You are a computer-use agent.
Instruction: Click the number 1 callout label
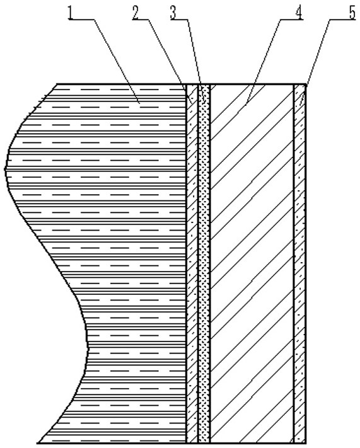coord(71,13)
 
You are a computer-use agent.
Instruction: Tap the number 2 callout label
coord(136,13)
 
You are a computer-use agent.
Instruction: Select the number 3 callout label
coord(173,13)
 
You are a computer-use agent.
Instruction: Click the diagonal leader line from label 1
coord(116,61)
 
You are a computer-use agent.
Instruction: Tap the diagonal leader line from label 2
coord(170,59)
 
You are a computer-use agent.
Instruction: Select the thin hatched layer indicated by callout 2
coord(192,264)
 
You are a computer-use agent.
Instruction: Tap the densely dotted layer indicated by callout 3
coord(204,264)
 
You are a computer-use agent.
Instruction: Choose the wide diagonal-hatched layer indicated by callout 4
coord(252,264)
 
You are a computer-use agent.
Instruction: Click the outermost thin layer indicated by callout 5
coord(300,264)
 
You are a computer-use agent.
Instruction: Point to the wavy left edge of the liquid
coord(49,248)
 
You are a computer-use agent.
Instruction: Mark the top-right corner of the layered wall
coord(306,84)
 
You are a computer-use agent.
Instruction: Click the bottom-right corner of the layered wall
coord(306,444)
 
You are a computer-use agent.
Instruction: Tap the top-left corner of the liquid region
coord(57,84)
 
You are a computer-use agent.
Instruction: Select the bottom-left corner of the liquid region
coord(38,444)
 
